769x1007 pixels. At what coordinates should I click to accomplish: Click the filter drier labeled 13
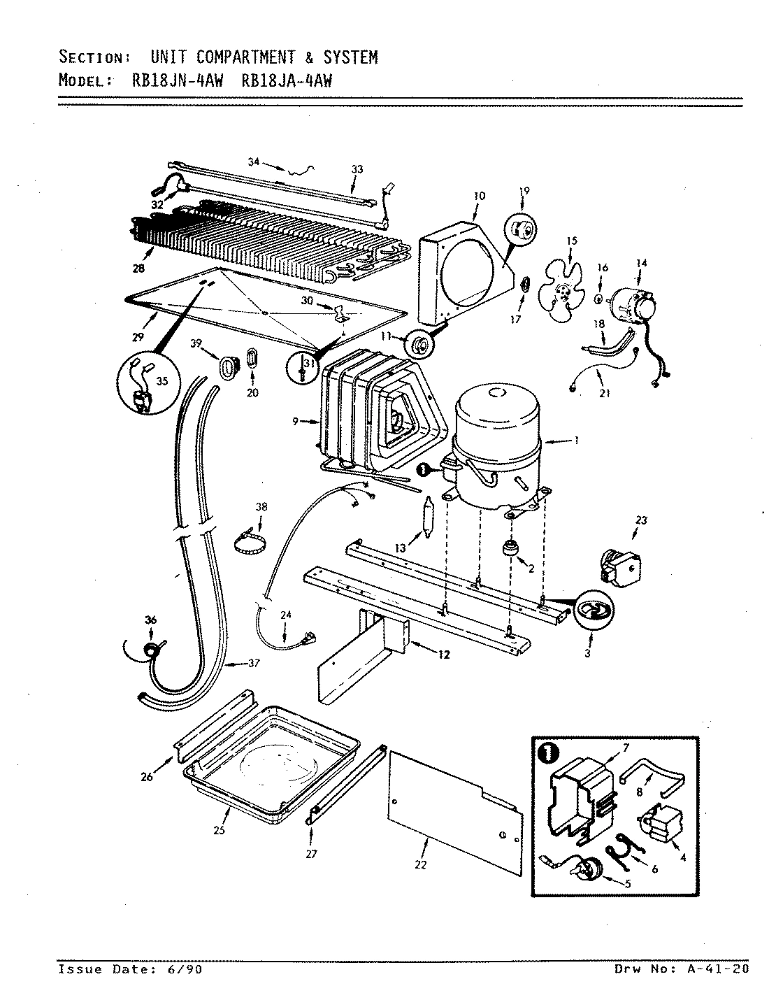coord(428,518)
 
